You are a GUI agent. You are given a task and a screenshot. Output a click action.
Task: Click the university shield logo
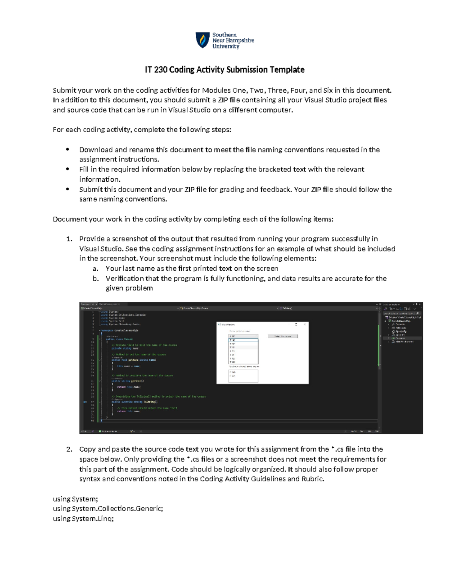pos(203,40)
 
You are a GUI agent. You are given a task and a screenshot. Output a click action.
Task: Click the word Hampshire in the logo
pos(240,40)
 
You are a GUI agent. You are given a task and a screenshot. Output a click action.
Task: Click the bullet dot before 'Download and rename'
pos(67,149)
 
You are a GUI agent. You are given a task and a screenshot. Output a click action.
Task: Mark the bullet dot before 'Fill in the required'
pos(67,169)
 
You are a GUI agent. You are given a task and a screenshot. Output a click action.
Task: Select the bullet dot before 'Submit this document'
pos(67,189)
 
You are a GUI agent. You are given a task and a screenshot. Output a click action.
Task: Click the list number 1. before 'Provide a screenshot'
pos(69,239)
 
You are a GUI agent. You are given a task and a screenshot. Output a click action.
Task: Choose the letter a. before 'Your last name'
pos(96,268)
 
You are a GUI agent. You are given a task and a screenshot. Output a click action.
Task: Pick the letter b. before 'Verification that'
pos(96,279)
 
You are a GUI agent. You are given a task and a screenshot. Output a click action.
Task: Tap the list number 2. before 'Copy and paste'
pos(69,449)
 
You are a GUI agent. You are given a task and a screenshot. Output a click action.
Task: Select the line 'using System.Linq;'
pos(83,518)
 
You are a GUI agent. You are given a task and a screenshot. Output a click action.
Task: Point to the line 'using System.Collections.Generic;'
pos(108,509)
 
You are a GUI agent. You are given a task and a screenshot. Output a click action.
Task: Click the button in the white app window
pos(283,336)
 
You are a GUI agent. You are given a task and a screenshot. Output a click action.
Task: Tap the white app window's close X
pos(304,324)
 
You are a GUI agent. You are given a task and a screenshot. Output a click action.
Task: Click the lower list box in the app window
pos(243,376)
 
